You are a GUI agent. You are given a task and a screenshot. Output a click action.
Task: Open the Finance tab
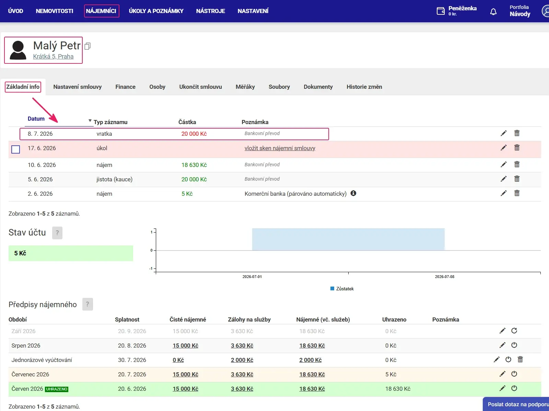pos(125,87)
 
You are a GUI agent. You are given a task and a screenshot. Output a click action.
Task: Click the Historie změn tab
pos(364,87)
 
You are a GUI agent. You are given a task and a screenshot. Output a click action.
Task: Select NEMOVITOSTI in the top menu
pos(54,11)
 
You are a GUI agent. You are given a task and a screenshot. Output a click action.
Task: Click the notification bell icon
pos(493,12)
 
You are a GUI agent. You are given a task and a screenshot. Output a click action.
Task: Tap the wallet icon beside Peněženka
pos(441,11)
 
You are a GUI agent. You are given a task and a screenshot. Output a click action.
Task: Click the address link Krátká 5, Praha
pos(53,57)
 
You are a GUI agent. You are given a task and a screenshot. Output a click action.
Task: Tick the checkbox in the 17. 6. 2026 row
pos(15,149)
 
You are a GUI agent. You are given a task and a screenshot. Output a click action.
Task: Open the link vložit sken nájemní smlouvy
pos(280,148)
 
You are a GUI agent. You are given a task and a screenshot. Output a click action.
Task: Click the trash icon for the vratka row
pos(517,133)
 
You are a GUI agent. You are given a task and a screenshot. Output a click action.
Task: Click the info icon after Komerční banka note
pos(353,193)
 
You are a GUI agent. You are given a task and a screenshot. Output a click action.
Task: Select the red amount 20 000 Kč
pos(194,134)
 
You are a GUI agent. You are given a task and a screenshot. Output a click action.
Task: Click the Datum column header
pos(36,119)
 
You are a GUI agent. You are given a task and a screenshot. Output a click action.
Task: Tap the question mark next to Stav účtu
pos(57,233)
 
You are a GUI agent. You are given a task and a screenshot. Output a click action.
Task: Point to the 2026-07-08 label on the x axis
pos(444,277)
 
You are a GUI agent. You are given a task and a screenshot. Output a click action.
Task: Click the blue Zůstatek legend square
pos(332,289)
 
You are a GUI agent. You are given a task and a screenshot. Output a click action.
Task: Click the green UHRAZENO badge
pos(57,389)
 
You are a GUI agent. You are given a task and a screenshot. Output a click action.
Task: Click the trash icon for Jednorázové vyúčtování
pos(520,360)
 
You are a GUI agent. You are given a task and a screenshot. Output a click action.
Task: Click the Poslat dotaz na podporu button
pos(516,404)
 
